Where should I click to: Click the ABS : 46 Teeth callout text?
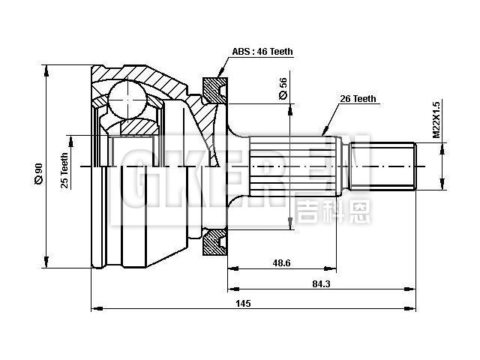262,52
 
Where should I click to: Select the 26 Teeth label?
358,98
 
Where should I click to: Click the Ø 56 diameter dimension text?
283,88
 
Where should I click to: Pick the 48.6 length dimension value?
282,262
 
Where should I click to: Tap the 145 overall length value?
241,303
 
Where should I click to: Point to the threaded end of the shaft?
393,165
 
